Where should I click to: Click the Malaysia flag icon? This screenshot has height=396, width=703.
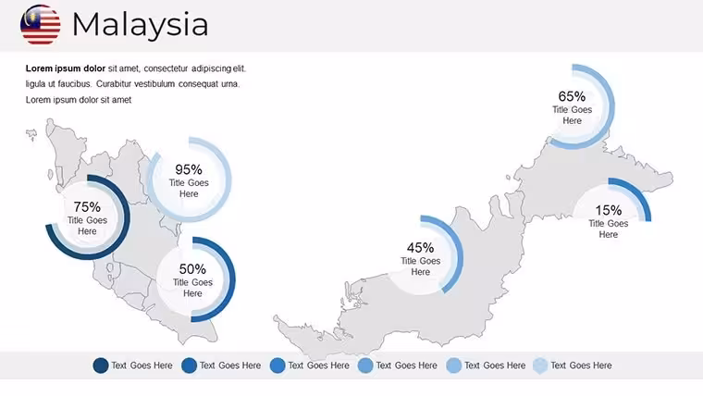(x=41, y=25)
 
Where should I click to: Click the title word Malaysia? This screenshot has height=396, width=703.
(x=141, y=25)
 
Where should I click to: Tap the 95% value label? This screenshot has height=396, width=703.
(x=189, y=169)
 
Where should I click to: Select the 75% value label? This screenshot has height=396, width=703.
(x=87, y=206)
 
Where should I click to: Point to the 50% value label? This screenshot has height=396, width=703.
(x=192, y=269)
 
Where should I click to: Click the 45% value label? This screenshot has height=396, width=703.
(x=421, y=248)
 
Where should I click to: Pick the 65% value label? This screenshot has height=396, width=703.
(x=572, y=96)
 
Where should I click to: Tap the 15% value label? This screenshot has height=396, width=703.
(x=609, y=210)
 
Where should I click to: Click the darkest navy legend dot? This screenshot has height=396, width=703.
(x=101, y=365)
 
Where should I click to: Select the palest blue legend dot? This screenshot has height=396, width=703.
(x=540, y=365)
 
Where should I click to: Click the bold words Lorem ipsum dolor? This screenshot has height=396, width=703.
(x=66, y=68)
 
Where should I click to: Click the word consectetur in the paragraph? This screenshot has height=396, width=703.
(x=166, y=68)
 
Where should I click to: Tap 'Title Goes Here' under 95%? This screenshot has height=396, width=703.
(x=189, y=189)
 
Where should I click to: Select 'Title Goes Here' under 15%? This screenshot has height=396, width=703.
(x=609, y=229)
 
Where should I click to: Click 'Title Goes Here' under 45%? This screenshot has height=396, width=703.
(x=421, y=266)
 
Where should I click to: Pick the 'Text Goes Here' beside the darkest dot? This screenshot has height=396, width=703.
(x=142, y=365)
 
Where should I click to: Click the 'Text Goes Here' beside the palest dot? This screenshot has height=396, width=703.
(x=581, y=365)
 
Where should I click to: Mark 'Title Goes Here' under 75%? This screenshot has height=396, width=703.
(x=87, y=226)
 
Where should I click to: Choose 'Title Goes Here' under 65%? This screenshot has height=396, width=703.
(x=572, y=116)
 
